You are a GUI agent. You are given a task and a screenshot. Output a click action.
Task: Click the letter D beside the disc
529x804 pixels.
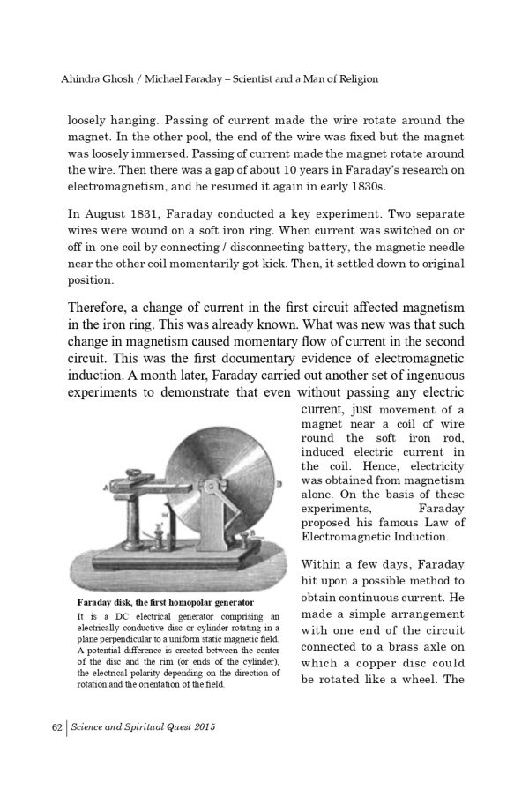(x=279, y=484)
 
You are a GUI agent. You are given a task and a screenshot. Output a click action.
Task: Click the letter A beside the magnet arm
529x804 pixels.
(x=106, y=487)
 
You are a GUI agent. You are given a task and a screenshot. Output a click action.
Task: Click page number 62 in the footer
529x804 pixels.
(x=56, y=727)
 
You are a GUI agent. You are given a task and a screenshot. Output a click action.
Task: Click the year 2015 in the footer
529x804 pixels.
(x=201, y=727)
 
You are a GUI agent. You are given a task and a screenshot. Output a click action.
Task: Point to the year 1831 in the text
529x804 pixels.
(x=151, y=214)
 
